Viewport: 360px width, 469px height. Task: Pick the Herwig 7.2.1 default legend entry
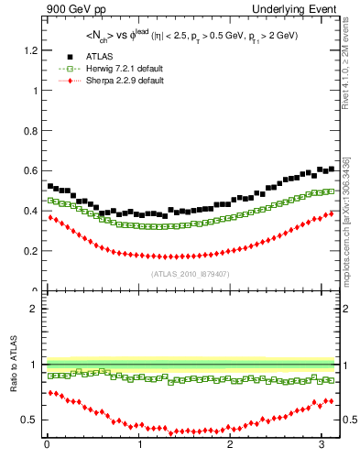click(x=111, y=69)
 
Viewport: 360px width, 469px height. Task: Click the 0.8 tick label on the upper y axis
click(x=30, y=130)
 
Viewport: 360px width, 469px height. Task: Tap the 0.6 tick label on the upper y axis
click(x=30, y=170)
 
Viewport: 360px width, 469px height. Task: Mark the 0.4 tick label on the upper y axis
click(x=30, y=211)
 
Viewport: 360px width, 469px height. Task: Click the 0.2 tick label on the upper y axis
click(x=30, y=250)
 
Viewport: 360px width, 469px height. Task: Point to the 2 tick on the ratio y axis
click(x=35, y=309)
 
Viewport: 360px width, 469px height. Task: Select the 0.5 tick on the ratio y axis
click(x=30, y=420)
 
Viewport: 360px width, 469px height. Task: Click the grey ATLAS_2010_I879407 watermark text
click(x=191, y=274)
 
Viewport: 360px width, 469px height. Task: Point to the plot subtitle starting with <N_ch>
click(x=191, y=38)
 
